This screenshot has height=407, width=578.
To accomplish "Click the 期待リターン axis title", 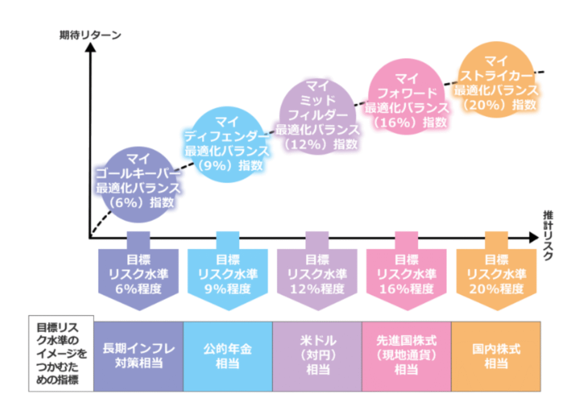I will (90, 34).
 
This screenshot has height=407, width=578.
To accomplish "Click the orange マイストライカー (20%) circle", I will (496, 82).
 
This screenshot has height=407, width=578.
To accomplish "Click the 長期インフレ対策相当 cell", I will (139, 356).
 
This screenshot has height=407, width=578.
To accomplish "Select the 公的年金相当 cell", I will (227, 356).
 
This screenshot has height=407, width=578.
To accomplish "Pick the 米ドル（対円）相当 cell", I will (317, 356).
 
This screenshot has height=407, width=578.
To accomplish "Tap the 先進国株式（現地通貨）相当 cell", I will (406, 356).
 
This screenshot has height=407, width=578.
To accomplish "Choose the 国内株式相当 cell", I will (496, 356).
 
